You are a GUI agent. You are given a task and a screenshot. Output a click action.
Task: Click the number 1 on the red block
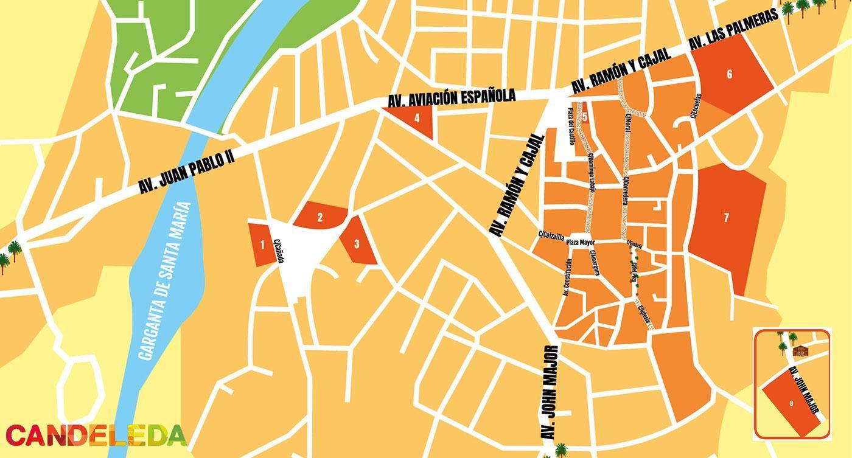point(262,245)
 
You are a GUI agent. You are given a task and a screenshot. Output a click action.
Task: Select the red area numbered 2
point(319,216)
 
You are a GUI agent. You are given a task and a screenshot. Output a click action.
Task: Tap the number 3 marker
point(357,245)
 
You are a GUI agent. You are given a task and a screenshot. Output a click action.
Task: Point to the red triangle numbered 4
point(417,119)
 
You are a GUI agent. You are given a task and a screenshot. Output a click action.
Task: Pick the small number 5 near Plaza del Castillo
point(584,117)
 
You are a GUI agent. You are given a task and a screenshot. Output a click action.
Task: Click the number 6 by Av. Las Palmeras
point(729,74)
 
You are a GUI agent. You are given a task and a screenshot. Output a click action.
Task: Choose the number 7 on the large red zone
point(726,218)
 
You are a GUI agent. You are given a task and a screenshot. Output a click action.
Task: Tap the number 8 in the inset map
point(791,403)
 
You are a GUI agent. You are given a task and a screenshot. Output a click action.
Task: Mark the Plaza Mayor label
point(580,242)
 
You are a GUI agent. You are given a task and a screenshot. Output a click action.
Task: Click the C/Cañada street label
point(279,251)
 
